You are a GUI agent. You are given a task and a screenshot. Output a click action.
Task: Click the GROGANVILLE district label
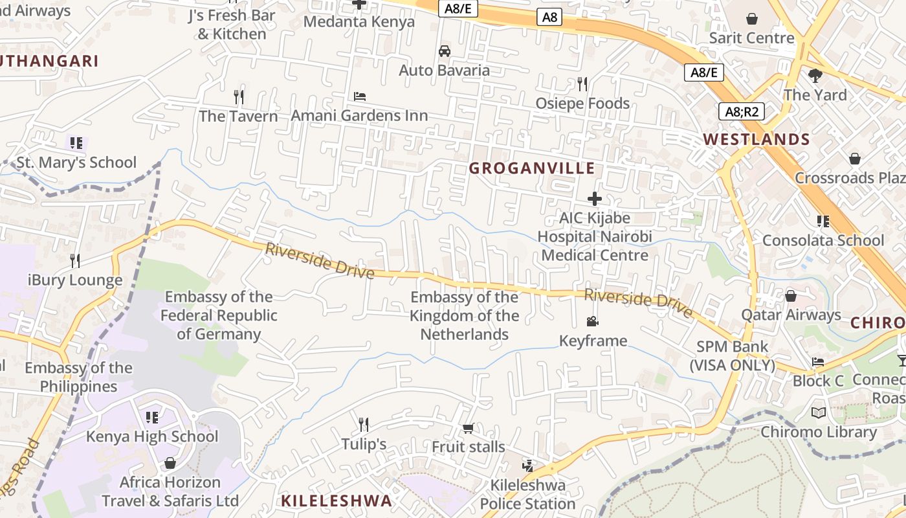point(531,168)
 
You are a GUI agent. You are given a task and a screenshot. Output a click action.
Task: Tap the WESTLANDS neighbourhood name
point(756,139)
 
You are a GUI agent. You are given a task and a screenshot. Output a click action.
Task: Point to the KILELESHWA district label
point(337,501)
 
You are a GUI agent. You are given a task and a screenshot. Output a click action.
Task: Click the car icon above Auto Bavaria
point(445,51)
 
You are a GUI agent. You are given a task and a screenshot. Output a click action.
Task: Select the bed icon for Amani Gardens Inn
point(360,96)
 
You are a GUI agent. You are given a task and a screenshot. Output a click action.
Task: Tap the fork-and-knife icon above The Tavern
point(239,97)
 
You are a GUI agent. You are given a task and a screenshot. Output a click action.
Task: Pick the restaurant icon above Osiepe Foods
point(582,84)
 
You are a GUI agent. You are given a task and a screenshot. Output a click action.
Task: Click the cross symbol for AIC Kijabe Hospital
point(595,199)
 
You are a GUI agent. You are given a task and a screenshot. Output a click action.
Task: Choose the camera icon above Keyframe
point(592,321)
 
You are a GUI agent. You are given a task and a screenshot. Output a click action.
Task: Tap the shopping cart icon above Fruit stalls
point(468,428)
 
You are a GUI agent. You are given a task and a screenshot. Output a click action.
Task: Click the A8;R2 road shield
point(742,111)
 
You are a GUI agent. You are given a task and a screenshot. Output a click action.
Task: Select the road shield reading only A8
point(549,17)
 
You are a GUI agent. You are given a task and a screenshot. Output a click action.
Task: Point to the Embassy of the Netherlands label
point(464,315)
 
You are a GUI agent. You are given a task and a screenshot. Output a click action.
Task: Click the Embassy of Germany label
point(219,315)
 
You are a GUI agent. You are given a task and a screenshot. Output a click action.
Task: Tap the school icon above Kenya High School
point(152,417)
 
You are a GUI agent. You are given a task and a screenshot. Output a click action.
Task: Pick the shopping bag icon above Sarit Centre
point(752,19)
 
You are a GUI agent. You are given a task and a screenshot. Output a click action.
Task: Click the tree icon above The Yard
point(815,76)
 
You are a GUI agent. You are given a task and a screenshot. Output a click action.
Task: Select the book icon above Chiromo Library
point(819,412)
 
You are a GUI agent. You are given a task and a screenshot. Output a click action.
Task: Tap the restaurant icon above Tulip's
point(364,425)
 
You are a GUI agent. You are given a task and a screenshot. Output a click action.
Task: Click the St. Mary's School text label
point(76,162)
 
